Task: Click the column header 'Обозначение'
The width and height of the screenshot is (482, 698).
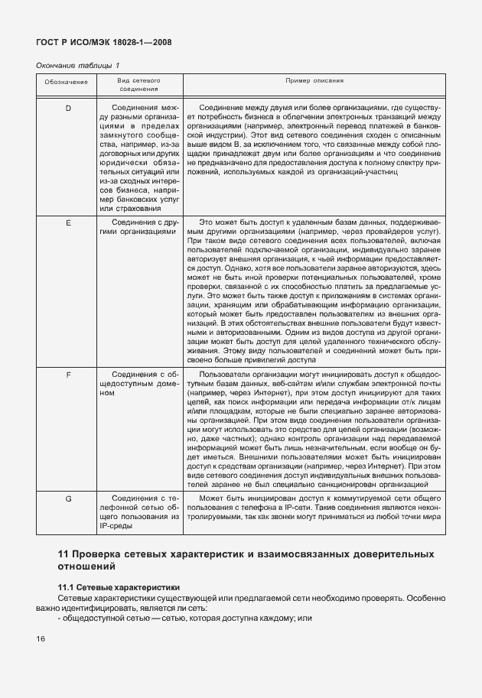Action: click(x=67, y=81)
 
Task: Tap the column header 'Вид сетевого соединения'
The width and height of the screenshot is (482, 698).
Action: click(x=138, y=85)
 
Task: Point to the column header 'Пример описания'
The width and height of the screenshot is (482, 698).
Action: click(x=314, y=80)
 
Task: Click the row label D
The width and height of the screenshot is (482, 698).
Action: click(x=67, y=108)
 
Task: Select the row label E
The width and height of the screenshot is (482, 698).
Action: click(x=67, y=222)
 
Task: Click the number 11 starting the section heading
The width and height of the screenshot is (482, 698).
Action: click(x=65, y=553)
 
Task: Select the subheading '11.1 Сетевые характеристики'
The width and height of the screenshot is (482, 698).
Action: click(x=109, y=586)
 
